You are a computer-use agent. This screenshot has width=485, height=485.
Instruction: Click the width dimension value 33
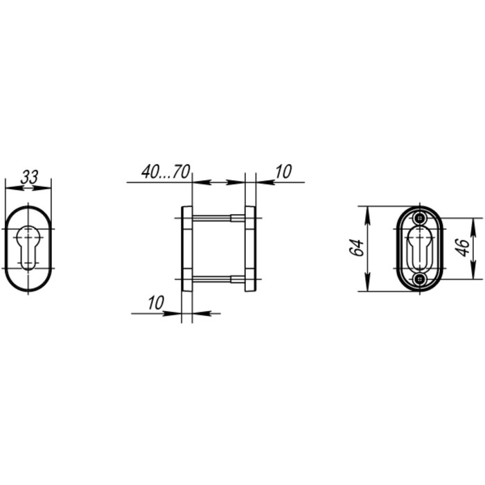coord(28,177)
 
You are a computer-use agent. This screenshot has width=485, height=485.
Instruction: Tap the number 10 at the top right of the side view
coord(284,172)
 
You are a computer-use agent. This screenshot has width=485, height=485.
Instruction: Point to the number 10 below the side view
coord(156,302)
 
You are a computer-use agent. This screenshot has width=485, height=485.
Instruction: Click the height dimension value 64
coord(356,248)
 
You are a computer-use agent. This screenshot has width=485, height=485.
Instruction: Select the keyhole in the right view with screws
coord(419,249)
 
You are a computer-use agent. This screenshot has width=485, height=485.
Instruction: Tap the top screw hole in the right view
coord(419,219)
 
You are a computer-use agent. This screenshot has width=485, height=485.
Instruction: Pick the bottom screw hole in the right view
coord(419,279)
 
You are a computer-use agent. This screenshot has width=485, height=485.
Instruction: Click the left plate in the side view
coord(186,249)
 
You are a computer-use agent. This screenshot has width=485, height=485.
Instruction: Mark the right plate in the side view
coord(249,249)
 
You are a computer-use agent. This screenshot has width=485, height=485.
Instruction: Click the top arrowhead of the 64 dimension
coord(367,211)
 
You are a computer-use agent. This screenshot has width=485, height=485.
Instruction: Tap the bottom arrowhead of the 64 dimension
coord(367,286)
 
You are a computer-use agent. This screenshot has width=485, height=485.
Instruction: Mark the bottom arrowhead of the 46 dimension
coord(475,274)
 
